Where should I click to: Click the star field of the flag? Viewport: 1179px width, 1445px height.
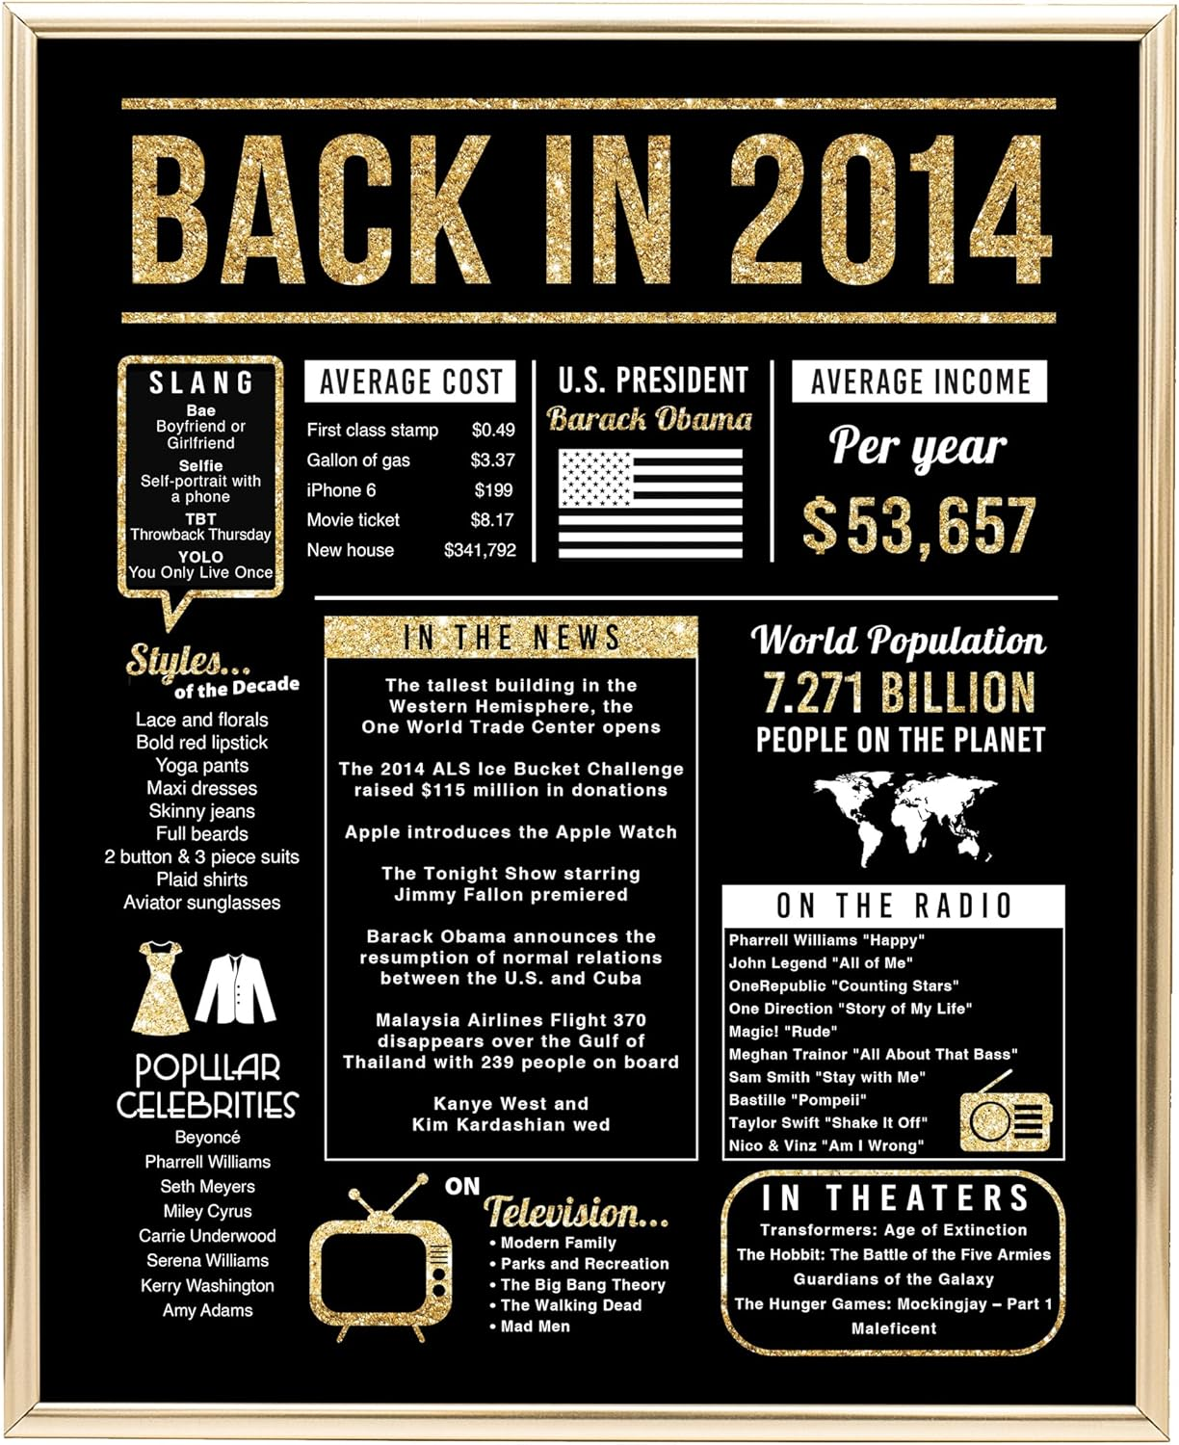596,478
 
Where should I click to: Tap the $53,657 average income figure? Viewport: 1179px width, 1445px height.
919,526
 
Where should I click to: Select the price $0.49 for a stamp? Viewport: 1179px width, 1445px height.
493,430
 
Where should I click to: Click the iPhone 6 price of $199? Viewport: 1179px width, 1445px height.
493,490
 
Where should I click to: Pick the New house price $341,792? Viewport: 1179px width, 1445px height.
480,551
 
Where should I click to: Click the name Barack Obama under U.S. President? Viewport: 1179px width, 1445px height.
650,419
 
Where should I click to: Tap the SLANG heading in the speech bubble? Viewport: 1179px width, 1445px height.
201,383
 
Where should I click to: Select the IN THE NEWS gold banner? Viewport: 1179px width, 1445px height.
511,638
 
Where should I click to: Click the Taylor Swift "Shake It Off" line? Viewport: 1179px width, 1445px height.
827,1122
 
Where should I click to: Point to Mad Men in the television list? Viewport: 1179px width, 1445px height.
535,1327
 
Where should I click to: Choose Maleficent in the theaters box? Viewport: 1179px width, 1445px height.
893,1328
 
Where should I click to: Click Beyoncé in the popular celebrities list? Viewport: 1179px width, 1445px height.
207,1138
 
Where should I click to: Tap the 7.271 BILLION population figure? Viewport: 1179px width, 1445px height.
899,693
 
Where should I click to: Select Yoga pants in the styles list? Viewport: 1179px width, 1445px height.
202,766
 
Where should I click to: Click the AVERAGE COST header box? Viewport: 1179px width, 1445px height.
410,382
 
